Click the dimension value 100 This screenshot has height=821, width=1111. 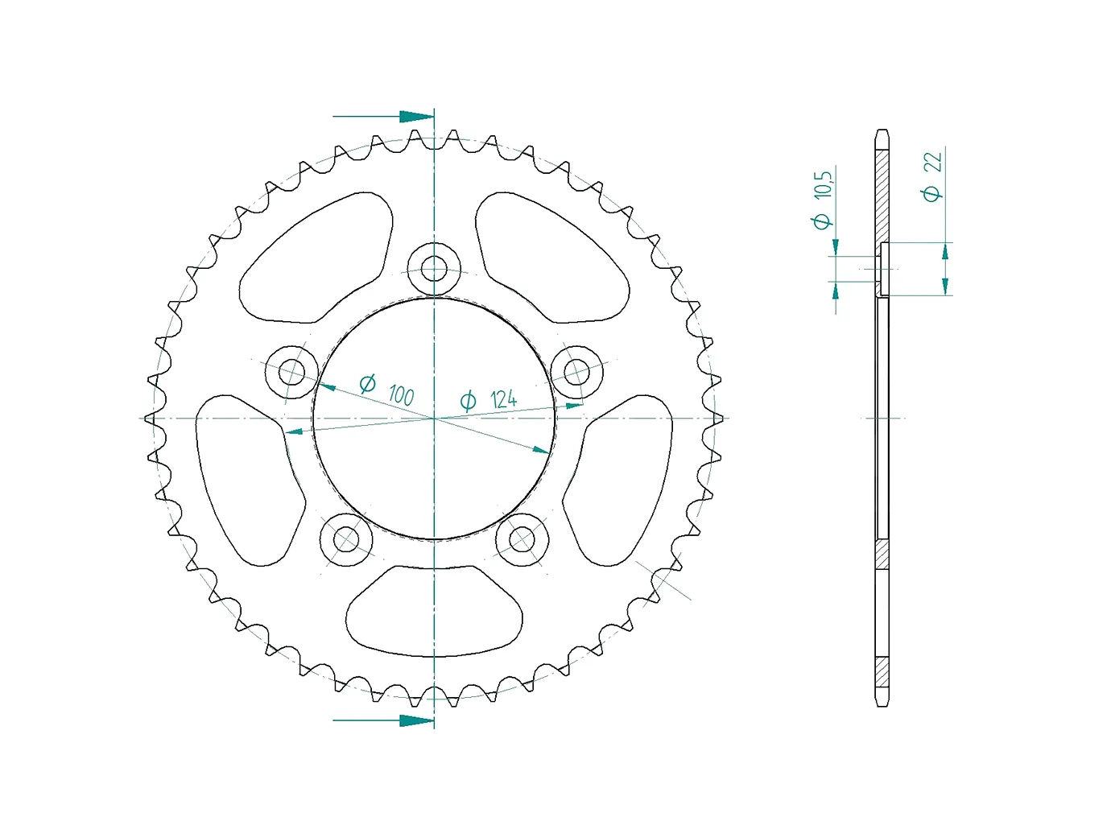[401, 395]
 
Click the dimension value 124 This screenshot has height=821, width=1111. [503, 399]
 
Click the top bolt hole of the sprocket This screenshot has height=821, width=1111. [434, 269]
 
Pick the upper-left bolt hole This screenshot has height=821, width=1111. [291, 372]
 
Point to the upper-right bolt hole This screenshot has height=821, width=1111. [576, 372]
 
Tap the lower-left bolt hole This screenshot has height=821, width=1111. [346, 539]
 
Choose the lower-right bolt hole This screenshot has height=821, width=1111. [522, 539]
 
